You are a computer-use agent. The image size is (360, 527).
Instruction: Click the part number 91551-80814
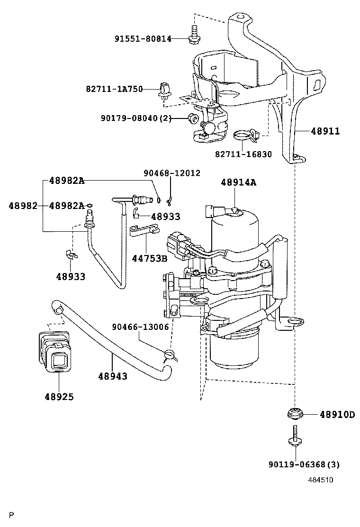point(143,39)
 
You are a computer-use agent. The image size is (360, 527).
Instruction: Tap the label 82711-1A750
point(115,89)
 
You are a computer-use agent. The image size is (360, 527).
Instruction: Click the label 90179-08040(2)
point(136,118)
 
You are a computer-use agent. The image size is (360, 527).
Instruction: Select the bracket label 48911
point(325,131)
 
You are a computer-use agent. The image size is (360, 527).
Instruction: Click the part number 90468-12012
point(172,173)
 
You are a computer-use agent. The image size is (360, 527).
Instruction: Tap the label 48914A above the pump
point(238,182)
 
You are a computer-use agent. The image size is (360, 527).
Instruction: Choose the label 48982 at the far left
point(23,206)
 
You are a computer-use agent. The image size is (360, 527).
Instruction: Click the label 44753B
point(149,258)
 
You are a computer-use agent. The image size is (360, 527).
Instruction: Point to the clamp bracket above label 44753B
point(144,230)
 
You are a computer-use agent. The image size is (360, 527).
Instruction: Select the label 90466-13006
point(140,327)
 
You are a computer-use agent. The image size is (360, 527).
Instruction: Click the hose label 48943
point(113,376)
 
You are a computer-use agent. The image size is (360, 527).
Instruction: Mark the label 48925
point(59,397)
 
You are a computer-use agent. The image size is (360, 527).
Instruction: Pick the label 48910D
point(337,415)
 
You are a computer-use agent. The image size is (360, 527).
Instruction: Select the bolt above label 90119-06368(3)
point(295,436)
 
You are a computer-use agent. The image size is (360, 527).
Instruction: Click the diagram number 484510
point(321,480)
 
